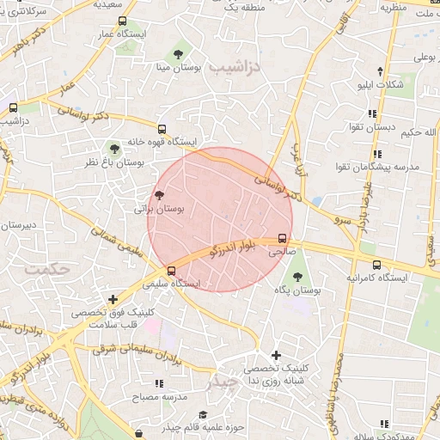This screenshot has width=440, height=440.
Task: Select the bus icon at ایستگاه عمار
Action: click(122, 21)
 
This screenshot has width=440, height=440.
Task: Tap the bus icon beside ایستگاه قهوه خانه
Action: click(162, 129)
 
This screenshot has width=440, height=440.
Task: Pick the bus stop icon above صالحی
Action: click(281, 240)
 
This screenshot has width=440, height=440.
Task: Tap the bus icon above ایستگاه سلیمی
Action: click(171, 271)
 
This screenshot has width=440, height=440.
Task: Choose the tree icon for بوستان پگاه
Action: click(297, 278)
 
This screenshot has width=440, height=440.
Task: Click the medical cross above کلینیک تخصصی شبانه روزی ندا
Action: click(276, 355)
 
